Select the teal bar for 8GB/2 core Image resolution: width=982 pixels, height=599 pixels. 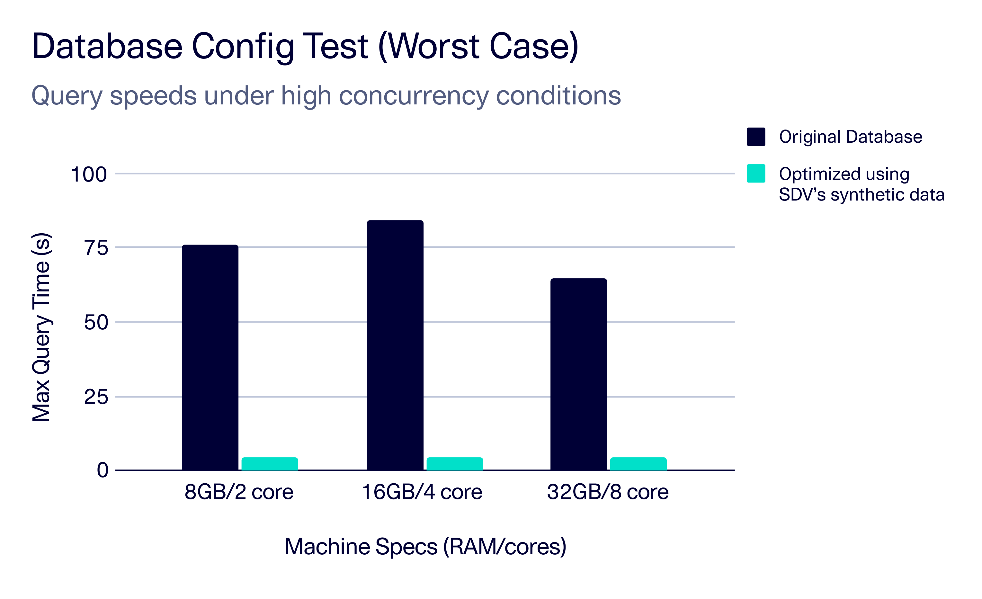point(270,464)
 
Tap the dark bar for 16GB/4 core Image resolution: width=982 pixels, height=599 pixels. point(395,345)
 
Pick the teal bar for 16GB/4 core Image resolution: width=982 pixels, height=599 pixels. point(455,464)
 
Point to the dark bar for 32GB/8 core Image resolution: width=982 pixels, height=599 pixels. point(579,374)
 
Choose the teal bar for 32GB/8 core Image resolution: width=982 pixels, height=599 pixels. point(638,464)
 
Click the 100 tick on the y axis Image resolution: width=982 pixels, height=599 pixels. point(89,174)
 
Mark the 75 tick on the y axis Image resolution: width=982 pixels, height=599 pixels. point(96,248)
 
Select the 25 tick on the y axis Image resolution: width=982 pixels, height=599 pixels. point(96,397)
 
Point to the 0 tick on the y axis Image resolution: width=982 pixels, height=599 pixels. point(103,470)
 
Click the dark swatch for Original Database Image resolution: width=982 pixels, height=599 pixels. point(756,137)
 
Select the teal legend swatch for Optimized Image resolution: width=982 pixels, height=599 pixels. point(756,173)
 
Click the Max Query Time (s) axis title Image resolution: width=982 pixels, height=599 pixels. point(41,327)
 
